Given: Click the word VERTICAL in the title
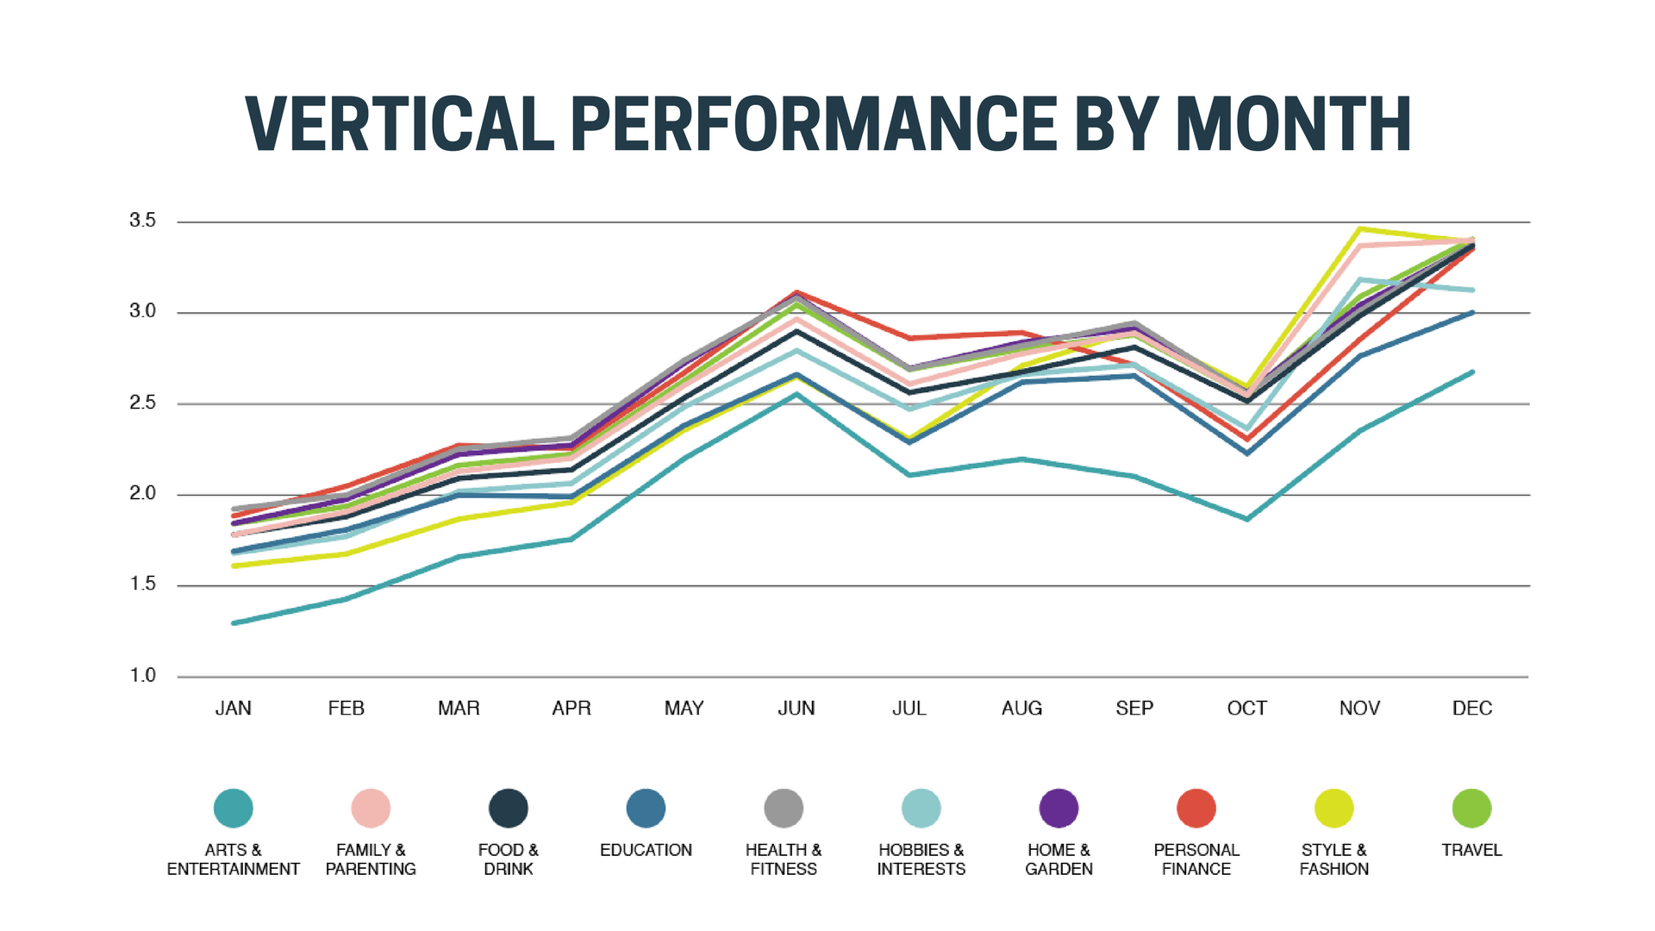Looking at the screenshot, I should pos(399,124).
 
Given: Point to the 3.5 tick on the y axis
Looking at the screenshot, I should pos(143,221).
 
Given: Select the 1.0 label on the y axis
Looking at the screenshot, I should pos(143,676).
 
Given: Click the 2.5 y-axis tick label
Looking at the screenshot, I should pos(143,403).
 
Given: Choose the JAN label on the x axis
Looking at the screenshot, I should pos(234,709).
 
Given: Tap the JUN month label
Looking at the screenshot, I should pos(796,709).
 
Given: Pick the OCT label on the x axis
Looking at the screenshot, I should pos(1247,709).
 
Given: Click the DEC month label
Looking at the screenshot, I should pos(1472,709).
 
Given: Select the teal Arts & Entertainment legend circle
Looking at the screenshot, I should pos(234,809).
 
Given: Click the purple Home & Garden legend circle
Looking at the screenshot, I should pos(1059,809).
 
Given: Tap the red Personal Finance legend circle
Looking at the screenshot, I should pos(1196,809).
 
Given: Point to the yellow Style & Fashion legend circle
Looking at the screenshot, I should pos(1333,809).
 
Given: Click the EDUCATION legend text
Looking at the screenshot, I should pos(646,850).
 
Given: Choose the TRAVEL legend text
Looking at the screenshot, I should pos(1471,850).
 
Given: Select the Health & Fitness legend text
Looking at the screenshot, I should pos(784,859).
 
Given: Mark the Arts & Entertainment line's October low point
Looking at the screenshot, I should pos(1247,519).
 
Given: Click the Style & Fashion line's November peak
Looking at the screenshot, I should pos(1359,228).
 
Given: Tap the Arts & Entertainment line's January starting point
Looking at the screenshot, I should pos(234,622).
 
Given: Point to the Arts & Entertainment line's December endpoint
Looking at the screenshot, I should pos(1472,372).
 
